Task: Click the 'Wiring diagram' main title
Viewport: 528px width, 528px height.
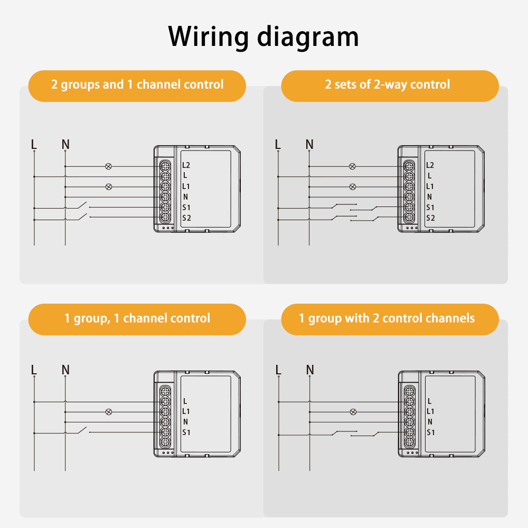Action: pyautogui.click(x=263, y=37)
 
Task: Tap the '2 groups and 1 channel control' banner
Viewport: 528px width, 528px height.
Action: pyautogui.click(x=137, y=85)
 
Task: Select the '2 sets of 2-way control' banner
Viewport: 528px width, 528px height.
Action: pyautogui.click(x=389, y=85)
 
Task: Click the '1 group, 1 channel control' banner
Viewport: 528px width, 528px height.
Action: pyautogui.click(x=137, y=318)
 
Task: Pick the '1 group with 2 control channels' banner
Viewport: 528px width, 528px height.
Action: pyautogui.click(x=389, y=318)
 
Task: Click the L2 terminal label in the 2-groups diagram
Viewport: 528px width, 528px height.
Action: pyautogui.click(x=186, y=165)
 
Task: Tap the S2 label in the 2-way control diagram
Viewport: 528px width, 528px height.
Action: pyautogui.click(x=430, y=218)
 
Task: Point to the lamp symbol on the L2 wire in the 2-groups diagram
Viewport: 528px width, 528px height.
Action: pyautogui.click(x=109, y=166)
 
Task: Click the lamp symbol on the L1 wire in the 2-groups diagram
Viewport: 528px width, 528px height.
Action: pyautogui.click(x=109, y=186)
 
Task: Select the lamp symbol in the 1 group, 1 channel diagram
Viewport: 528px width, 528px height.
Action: pyautogui.click(x=109, y=412)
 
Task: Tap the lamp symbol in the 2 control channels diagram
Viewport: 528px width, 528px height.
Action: pyautogui.click(x=354, y=412)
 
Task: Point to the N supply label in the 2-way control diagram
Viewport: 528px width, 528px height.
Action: pyautogui.click(x=309, y=144)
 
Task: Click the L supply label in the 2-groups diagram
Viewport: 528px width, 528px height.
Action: pyautogui.click(x=34, y=144)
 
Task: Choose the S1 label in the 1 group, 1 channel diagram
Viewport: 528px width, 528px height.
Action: pyautogui.click(x=186, y=432)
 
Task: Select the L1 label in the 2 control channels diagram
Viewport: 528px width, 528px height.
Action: pyautogui.click(x=430, y=411)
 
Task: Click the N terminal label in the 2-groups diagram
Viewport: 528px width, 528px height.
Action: pyautogui.click(x=186, y=197)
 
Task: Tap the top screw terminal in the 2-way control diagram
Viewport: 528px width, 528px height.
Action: pyautogui.click(x=409, y=166)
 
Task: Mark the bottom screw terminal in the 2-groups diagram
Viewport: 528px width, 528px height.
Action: pyautogui.click(x=164, y=218)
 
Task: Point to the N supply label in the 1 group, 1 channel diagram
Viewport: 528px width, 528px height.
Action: pyautogui.click(x=65, y=370)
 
